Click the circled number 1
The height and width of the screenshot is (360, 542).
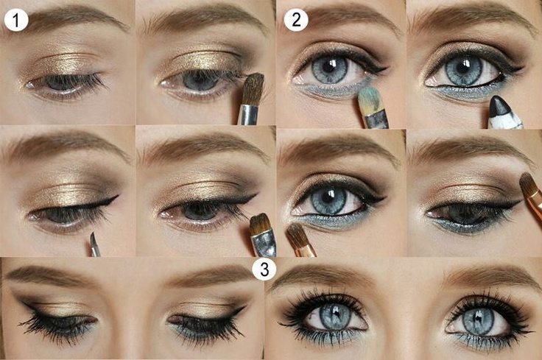point(16,20)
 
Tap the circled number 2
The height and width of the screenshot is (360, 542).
point(296,20)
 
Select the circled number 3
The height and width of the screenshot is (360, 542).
point(264,269)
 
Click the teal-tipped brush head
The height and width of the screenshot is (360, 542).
point(368,98)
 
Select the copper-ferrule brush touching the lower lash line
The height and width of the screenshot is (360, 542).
point(300,240)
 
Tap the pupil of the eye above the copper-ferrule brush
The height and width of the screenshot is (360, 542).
point(326,199)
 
